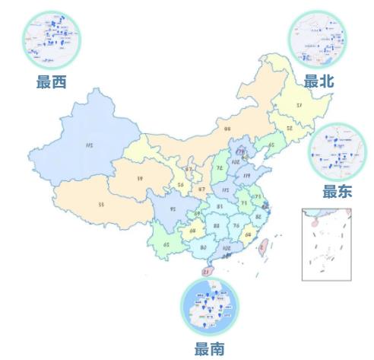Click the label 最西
[51, 82]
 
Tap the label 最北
[319, 81]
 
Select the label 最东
[338, 192]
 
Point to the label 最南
[209, 349]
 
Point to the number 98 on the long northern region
[227, 129]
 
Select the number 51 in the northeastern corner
[299, 104]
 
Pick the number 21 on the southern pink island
[206, 272]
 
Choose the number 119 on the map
[247, 177]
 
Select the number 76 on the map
[236, 226]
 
